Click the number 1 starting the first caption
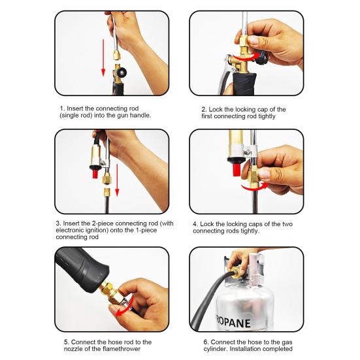pos(61,108)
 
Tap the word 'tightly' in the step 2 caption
pos(269,116)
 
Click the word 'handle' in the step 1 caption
pos(139,116)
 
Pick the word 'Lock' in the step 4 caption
pos(210,223)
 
